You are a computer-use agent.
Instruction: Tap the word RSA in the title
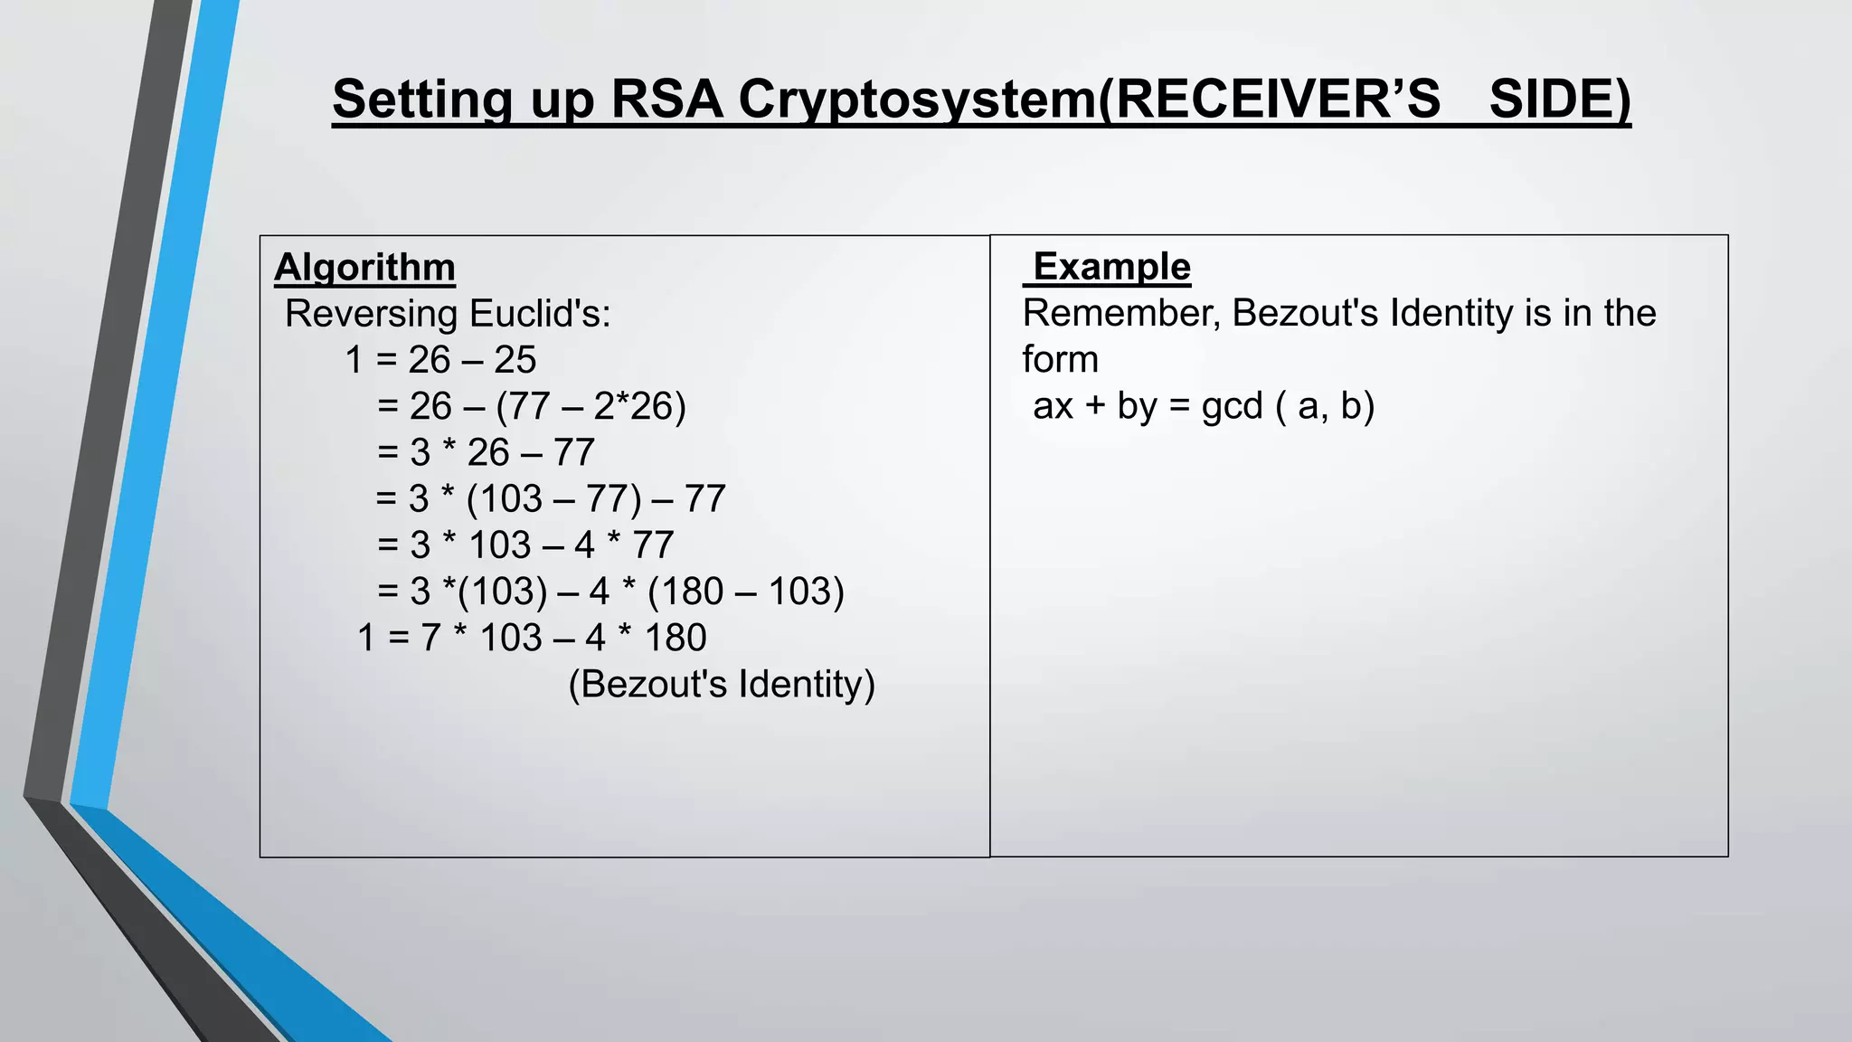pos(666,99)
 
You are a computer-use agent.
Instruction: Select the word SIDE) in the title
pos(1559,99)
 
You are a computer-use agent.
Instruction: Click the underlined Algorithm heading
pos(364,268)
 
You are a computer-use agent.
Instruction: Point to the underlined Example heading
pos(1111,267)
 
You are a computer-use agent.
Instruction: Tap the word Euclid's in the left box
pos(540,314)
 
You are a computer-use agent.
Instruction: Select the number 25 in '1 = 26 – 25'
pos(515,360)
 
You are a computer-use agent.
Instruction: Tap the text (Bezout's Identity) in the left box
pos(722,684)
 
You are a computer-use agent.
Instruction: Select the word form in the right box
pos(1060,359)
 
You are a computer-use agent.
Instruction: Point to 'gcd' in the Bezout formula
pos(1232,406)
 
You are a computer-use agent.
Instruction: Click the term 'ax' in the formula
pos(1053,406)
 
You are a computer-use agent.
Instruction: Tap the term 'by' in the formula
pos(1137,406)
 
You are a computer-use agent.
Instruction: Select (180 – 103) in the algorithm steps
pos(746,592)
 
